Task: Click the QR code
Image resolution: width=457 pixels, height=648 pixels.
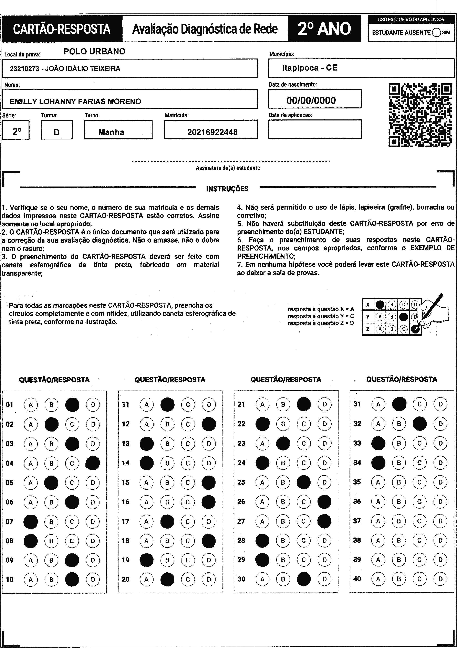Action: click(420, 115)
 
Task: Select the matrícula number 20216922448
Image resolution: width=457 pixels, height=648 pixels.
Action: click(212, 132)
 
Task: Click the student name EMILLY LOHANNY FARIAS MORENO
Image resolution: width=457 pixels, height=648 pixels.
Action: click(75, 102)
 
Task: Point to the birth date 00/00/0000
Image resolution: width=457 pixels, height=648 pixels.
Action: click(311, 100)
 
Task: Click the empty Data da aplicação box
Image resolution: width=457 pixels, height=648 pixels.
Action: click(314, 129)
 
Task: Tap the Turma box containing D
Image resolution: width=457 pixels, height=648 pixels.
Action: click(56, 132)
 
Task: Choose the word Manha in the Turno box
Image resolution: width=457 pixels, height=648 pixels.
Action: click(111, 132)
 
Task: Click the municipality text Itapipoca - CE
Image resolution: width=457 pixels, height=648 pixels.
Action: click(310, 68)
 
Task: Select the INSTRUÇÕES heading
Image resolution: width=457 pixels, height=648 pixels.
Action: click(227, 189)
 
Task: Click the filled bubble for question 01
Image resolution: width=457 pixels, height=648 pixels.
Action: click(72, 405)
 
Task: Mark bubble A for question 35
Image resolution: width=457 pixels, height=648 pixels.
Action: click(378, 482)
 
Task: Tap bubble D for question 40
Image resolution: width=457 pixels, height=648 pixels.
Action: click(440, 579)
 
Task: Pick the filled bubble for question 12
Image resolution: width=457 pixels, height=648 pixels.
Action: click(209, 424)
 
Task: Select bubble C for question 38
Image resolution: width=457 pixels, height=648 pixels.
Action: click(419, 540)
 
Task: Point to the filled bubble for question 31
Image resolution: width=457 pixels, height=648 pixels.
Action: click(399, 404)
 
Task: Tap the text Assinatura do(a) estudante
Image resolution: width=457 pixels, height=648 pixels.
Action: click(228, 168)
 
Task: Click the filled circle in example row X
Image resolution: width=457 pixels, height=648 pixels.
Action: click(380, 305)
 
